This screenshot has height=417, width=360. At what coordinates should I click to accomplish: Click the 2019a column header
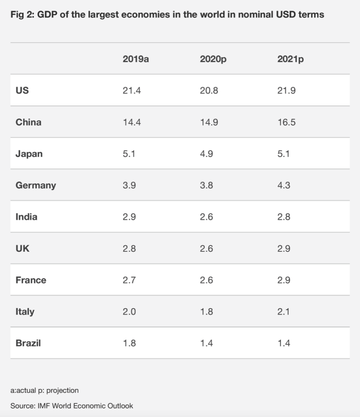coord(136,59)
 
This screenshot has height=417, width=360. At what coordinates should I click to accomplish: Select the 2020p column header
coord(213,59)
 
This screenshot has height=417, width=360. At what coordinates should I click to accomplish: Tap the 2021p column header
coord(290,59)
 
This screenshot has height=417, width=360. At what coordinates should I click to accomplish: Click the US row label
coord(22,90)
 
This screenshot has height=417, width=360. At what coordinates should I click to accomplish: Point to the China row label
coord(29,122)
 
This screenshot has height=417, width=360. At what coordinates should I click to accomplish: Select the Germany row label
coord(36,185)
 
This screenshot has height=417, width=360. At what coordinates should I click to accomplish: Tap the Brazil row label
coord(28,343)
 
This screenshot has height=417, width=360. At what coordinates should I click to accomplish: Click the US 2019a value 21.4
coord(132,90)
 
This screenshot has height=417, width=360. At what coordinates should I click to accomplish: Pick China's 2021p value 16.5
coord(286,122)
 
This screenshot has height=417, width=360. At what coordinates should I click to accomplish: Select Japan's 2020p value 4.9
coord(206,154)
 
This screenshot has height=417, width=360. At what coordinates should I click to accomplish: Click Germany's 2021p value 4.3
coord(284,185)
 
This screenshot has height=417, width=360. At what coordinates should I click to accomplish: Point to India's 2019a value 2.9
coord(129,217)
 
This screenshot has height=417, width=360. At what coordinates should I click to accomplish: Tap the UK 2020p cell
coord(206,248)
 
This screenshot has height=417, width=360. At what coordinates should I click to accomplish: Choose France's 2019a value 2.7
coord(129,280)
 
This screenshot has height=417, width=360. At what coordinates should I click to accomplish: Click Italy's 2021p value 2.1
coord(284,312)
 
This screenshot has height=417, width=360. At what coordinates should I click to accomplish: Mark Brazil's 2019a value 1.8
coord(129,343)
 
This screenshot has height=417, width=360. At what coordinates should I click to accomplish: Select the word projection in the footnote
coord(63,391)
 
